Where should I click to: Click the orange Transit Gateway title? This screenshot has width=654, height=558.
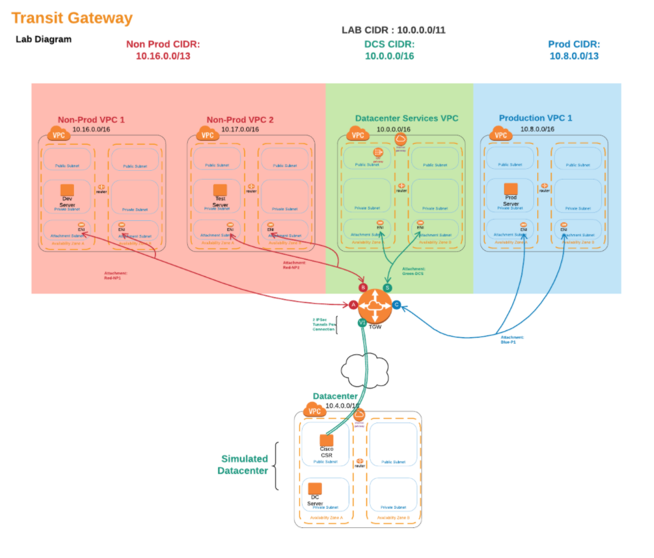72,18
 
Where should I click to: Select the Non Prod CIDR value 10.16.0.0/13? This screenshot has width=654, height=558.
163,56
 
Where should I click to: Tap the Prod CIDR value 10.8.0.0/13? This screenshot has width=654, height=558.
573,56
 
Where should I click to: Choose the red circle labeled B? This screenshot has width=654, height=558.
363,288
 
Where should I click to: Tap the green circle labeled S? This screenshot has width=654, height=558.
387,288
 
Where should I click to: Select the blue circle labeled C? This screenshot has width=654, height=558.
397,305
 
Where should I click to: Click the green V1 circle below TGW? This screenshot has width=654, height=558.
363,323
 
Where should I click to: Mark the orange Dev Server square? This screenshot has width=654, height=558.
67,190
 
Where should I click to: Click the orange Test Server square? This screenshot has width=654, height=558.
220,190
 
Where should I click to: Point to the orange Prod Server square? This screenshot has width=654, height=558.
511,190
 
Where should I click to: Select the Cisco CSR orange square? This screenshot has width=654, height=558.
326,441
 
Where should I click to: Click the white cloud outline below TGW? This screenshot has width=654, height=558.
363,365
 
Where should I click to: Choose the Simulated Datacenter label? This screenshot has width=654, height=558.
244,465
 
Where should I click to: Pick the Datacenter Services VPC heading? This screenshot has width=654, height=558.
406,118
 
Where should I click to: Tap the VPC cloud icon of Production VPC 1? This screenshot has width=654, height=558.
500,134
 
